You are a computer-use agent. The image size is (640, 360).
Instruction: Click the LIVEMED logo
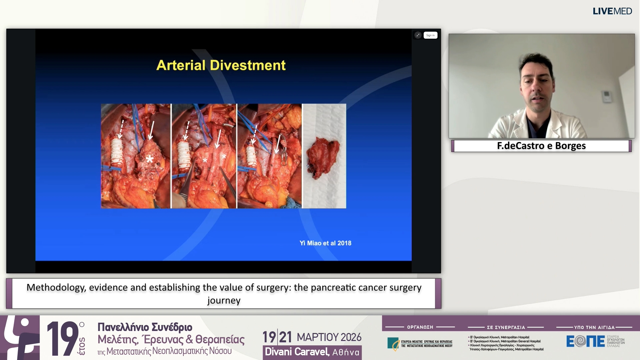coord(612,11)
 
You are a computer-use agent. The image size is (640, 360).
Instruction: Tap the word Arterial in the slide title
coord(181,65)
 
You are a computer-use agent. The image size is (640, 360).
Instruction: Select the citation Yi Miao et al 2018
coord(325,243)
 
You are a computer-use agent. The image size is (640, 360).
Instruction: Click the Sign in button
coord(430,35)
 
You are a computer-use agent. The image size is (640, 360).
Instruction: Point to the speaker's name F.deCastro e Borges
coord(541,146)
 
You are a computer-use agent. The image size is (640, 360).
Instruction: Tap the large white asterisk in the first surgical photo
coord(150,159)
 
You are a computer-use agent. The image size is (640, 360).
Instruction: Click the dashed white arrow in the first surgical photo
coord(121,129)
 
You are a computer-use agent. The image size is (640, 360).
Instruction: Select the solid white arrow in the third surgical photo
coord(278,143)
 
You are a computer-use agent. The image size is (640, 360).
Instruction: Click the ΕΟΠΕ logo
coord(586,341)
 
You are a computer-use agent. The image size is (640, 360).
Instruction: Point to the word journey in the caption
coord(224,300)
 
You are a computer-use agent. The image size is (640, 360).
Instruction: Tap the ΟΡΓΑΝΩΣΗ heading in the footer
coord(420,327)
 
